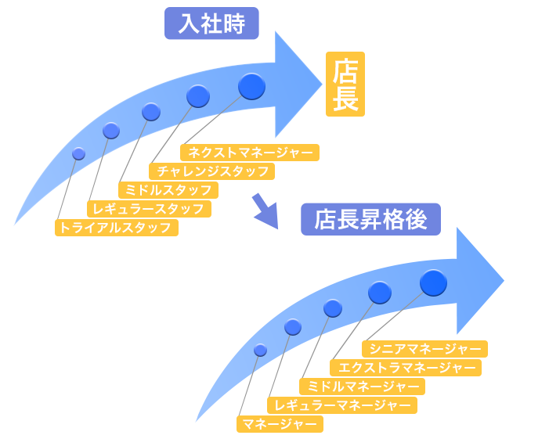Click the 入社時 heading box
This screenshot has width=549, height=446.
point(211,23)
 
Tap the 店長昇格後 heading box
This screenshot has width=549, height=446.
point(370,220)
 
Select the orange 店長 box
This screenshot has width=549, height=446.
point(345,85)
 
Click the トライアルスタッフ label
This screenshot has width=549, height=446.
point(116,228)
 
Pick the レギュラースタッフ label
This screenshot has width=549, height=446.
point(149,209)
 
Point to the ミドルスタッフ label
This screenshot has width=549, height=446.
point(168,190)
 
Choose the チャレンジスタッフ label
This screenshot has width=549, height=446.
point(211,171)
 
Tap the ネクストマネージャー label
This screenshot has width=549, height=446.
point(250,153)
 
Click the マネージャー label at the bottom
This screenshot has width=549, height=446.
point(280,424)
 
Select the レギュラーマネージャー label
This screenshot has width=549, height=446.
point(341,405)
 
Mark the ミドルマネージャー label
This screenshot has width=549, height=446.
point(362,387)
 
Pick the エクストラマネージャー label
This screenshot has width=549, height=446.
point(406,368)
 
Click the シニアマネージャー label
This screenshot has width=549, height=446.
point(424,349)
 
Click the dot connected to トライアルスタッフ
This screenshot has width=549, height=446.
point(78,154)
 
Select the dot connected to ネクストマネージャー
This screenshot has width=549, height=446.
point(251,86)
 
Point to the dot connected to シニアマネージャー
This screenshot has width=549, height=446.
point(433,282)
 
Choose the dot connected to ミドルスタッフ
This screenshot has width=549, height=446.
point(151,112)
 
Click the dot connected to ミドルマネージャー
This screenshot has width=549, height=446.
point(333,308)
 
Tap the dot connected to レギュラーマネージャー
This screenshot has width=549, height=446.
point(293,327)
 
